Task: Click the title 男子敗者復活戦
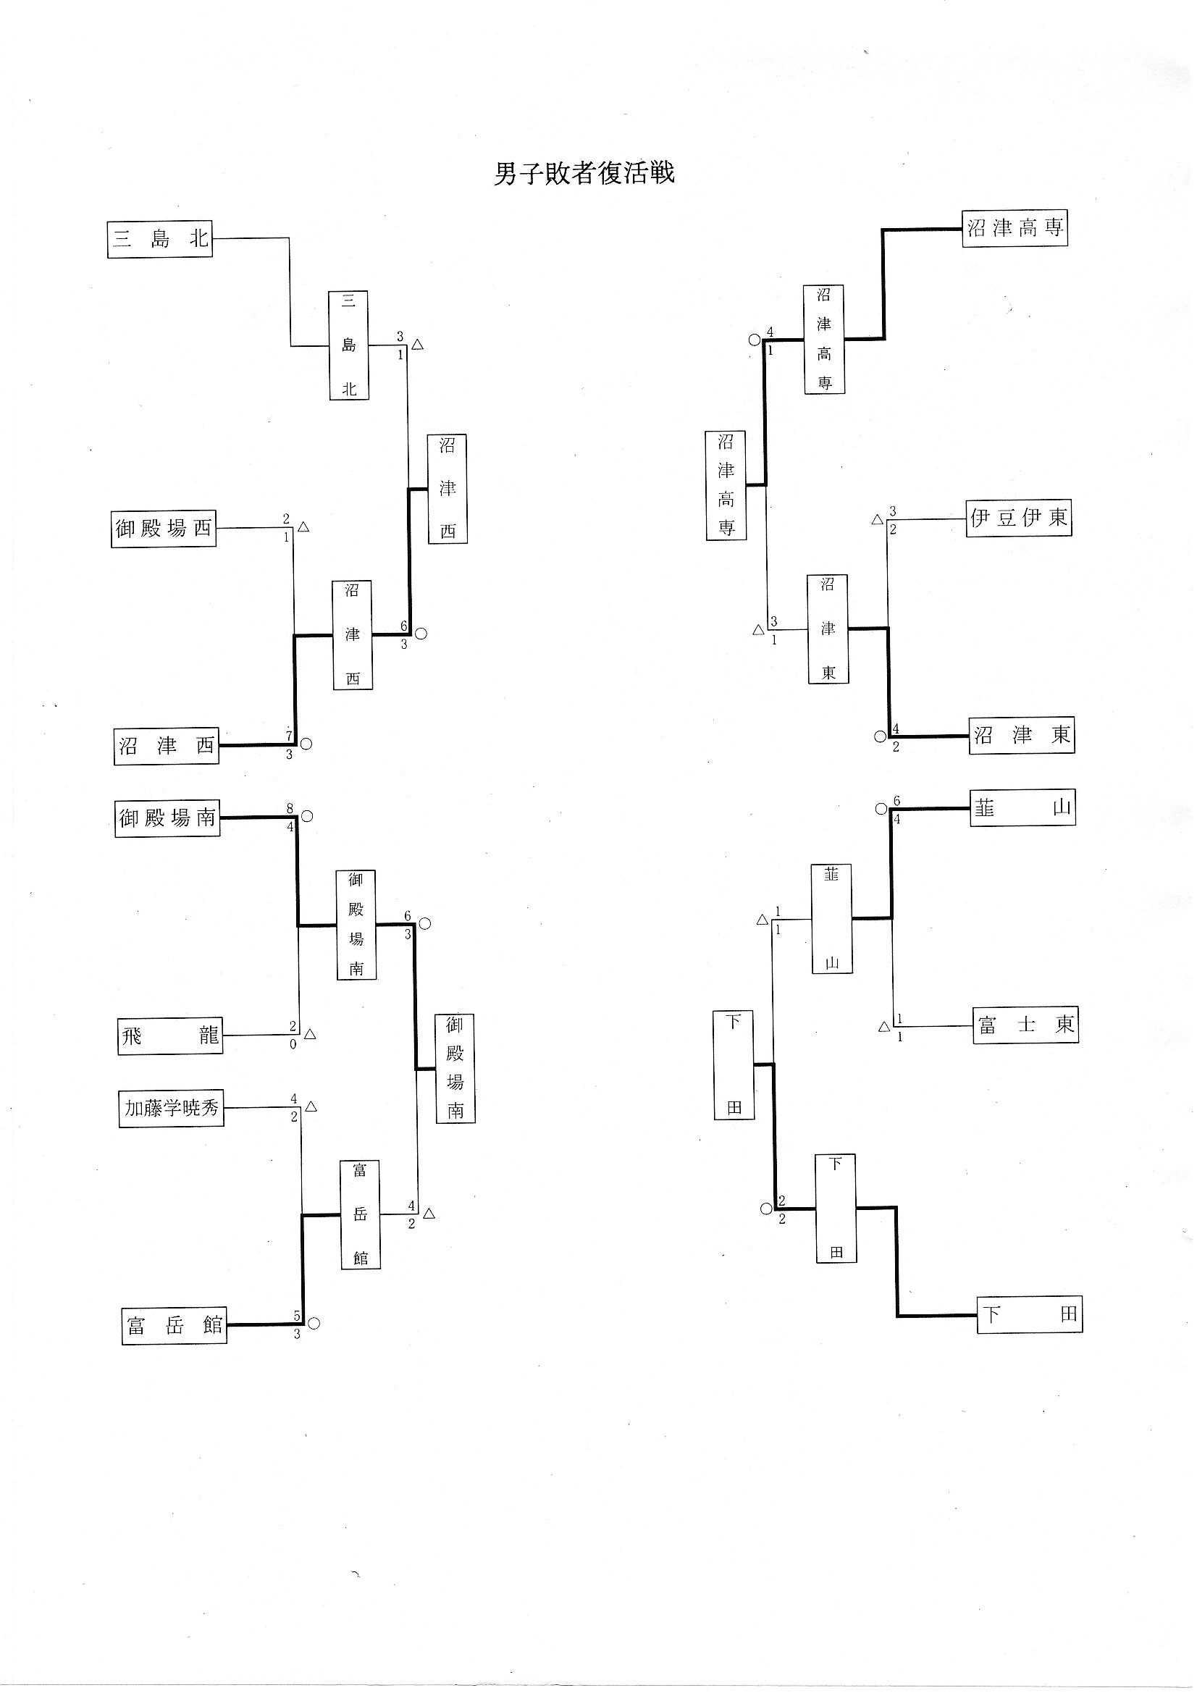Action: (584, 174)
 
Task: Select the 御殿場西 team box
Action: (163, 528)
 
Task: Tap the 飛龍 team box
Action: (169, 1036)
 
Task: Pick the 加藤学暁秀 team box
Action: (171, 1107)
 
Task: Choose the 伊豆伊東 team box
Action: (1019, 518)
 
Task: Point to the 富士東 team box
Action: (1025, 1024)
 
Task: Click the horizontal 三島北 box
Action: (159, 239)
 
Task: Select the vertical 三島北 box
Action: (348, 345)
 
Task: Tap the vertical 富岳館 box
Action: (360, 1214)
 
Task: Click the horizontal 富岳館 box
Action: (174, 1326)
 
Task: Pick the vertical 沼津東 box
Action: (828, 629)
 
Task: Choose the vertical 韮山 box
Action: (832, 919)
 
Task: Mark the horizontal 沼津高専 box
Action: (1014, 228)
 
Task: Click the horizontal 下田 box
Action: (1030, 1314)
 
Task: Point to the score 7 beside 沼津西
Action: (289, 735)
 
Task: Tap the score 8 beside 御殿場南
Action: (290, 808)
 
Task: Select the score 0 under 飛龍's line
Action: (293, 1044)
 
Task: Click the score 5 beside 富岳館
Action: (297, 1316)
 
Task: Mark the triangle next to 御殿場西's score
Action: (303, 527)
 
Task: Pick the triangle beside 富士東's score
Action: (884, 1026)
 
